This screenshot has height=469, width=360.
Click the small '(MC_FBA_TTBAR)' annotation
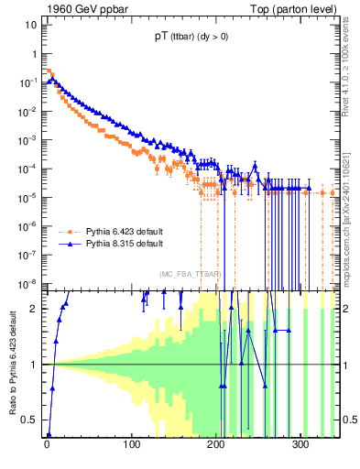click(190, 275)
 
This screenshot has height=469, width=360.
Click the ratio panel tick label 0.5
click(30, 420)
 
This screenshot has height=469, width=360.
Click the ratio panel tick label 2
click(34, 309)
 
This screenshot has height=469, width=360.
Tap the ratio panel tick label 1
click(34, 365)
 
